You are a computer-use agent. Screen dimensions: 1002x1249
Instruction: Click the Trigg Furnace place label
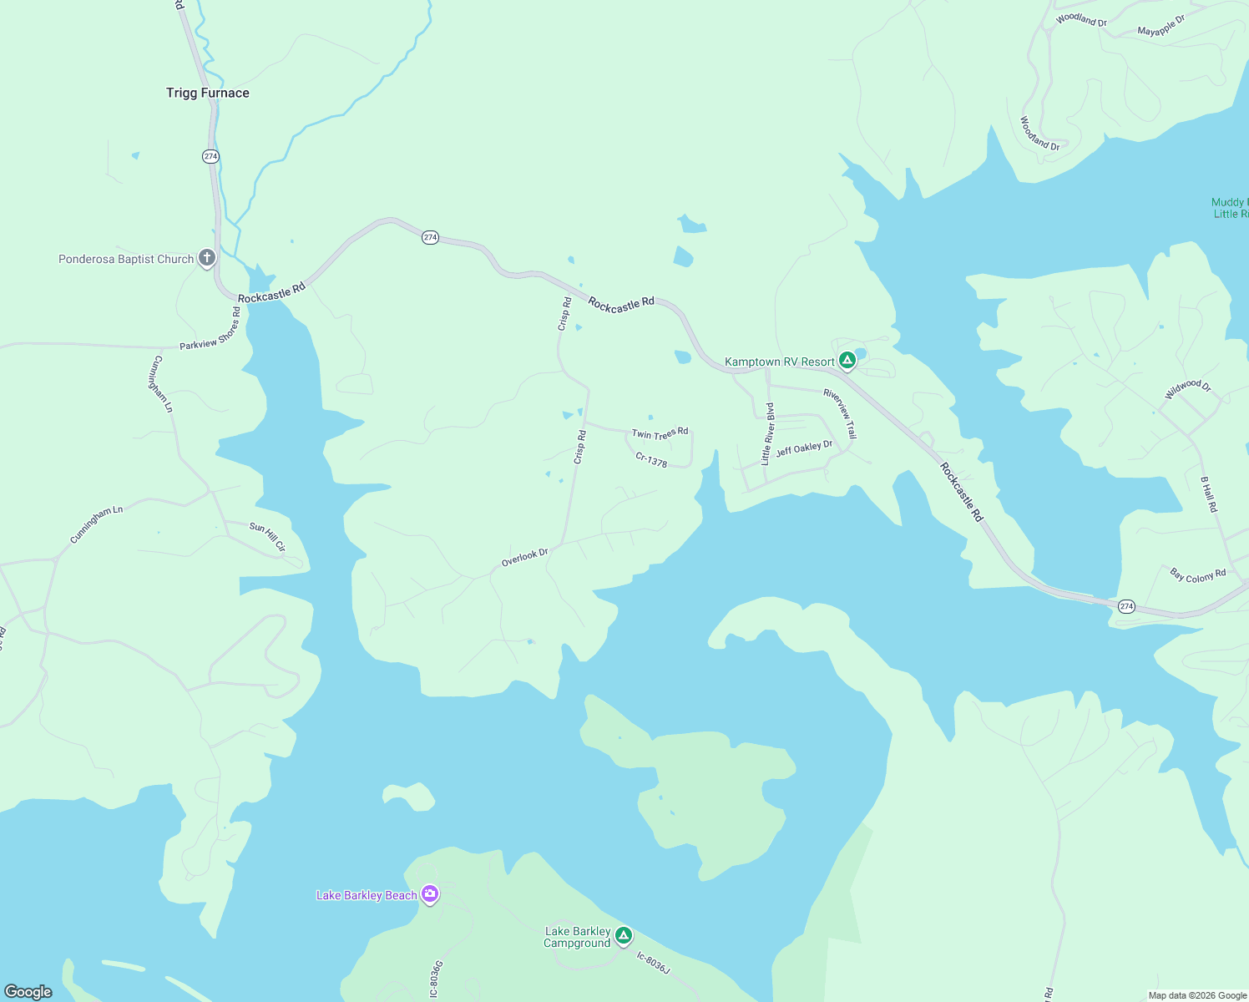207,93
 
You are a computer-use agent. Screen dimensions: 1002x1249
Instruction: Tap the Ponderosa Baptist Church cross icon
206,259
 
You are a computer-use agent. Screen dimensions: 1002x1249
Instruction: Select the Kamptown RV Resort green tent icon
847,361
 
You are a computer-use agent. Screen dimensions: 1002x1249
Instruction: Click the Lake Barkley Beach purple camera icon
430,895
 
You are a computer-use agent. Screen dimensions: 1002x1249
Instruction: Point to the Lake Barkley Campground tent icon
624,936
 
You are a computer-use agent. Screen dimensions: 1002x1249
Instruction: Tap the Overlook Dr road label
524,557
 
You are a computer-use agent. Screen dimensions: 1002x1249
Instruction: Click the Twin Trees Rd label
660,433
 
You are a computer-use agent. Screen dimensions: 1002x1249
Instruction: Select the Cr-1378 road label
651,459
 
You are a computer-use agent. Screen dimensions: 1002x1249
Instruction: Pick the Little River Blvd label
767,433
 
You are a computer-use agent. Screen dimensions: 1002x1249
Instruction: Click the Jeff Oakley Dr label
804,448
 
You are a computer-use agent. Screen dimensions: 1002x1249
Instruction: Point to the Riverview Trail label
840,413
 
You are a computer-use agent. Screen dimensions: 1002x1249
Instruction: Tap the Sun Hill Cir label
268,536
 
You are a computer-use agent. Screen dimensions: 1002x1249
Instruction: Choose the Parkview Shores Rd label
210,328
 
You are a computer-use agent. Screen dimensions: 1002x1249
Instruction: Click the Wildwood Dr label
1187,388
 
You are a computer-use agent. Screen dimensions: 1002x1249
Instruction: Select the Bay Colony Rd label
1198,575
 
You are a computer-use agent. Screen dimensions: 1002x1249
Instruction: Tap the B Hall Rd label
1209,494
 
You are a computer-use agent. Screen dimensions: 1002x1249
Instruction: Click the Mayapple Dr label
1161,26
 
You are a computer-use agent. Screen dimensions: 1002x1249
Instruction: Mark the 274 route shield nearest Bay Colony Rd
1126,606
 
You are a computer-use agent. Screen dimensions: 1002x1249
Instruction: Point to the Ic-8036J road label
653,962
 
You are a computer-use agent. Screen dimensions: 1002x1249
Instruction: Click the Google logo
28,991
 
